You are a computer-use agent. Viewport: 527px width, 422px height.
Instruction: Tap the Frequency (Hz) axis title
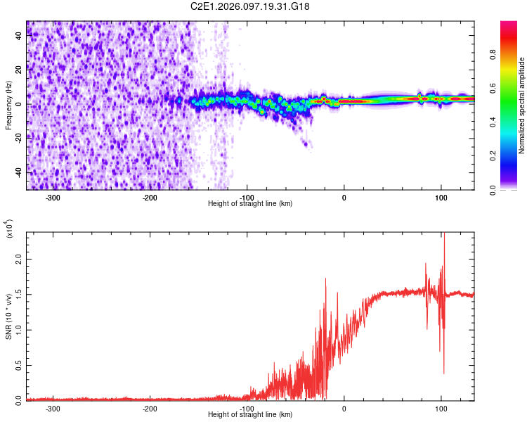(8, 105)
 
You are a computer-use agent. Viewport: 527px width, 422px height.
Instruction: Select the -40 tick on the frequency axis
(18, 172)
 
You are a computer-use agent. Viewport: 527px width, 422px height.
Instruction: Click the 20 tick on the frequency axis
(18, 70)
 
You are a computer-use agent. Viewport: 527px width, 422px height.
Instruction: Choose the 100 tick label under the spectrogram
(441, 197)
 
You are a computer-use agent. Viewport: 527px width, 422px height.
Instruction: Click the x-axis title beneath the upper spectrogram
(250, 204)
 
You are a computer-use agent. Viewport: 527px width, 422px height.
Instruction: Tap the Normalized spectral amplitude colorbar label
(522, 105)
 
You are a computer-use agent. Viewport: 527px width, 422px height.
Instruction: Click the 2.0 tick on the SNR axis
(18, 259)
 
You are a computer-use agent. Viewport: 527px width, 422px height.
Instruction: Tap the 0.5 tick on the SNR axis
(18, 364)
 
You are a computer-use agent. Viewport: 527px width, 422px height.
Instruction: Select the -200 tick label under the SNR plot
(150, 408)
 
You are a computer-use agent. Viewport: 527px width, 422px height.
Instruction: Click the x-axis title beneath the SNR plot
(250, 415)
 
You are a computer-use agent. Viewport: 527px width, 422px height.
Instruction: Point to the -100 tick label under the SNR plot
(247, 408)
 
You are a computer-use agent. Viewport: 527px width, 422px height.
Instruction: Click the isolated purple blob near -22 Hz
(306, 143)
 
